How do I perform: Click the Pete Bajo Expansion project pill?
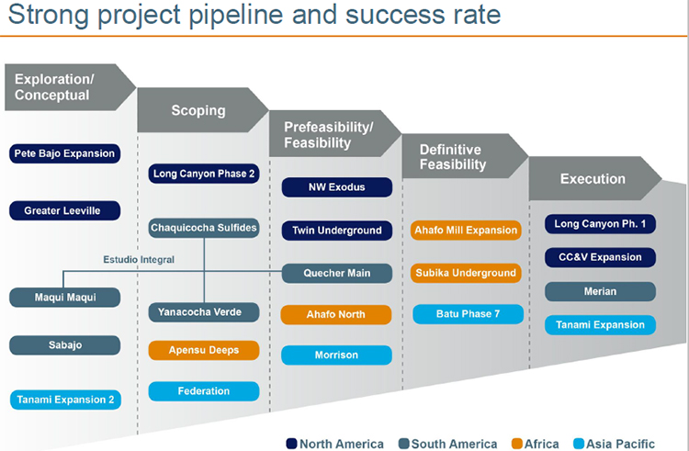64,153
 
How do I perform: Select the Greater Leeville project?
64,210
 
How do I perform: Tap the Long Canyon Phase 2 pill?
204,174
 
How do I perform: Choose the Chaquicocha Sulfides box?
204,228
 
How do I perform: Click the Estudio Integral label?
139,260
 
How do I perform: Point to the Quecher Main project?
337,273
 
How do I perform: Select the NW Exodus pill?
337,187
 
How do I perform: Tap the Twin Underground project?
337,231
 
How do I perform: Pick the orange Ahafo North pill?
336,314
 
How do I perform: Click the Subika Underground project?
466,273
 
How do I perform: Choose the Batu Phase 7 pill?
468,314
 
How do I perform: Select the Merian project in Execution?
600,291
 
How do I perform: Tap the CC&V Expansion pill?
600,257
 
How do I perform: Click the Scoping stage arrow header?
202,110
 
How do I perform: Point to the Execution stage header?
594,179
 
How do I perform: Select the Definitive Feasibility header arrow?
464,156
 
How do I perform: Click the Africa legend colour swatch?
517,444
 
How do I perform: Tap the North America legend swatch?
291,444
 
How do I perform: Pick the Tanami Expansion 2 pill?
65,400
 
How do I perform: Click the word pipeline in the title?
237,15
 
